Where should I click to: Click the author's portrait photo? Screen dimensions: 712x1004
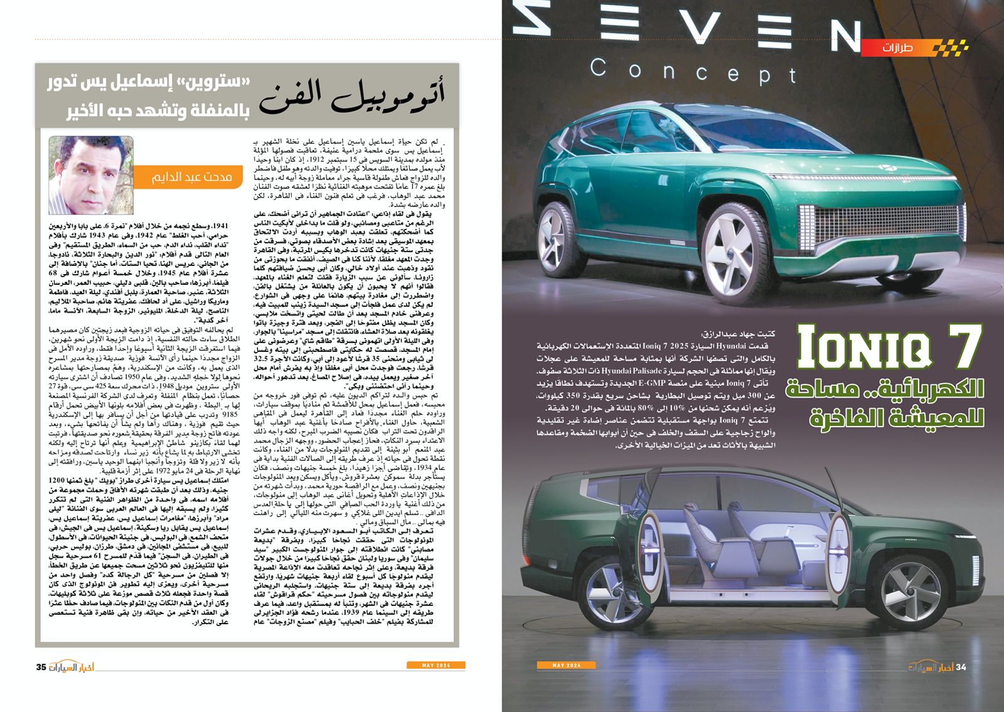pyautogui.click(x=91, y=175)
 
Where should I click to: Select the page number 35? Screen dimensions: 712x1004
pyautogui.click(x=41, y=667)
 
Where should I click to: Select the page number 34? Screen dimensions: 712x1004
pyautogui.click(x=961, y=667)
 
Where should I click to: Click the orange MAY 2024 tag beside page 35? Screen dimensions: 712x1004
pyautogui.click(x=435, y=665)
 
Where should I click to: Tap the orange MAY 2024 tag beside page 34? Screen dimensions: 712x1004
pyautogui.click(x=566, y=665)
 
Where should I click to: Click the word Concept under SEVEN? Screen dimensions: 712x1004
pyautogui.click(x=693, y=71)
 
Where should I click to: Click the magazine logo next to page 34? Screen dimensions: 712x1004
pyautogui.click(x=930, y=667)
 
